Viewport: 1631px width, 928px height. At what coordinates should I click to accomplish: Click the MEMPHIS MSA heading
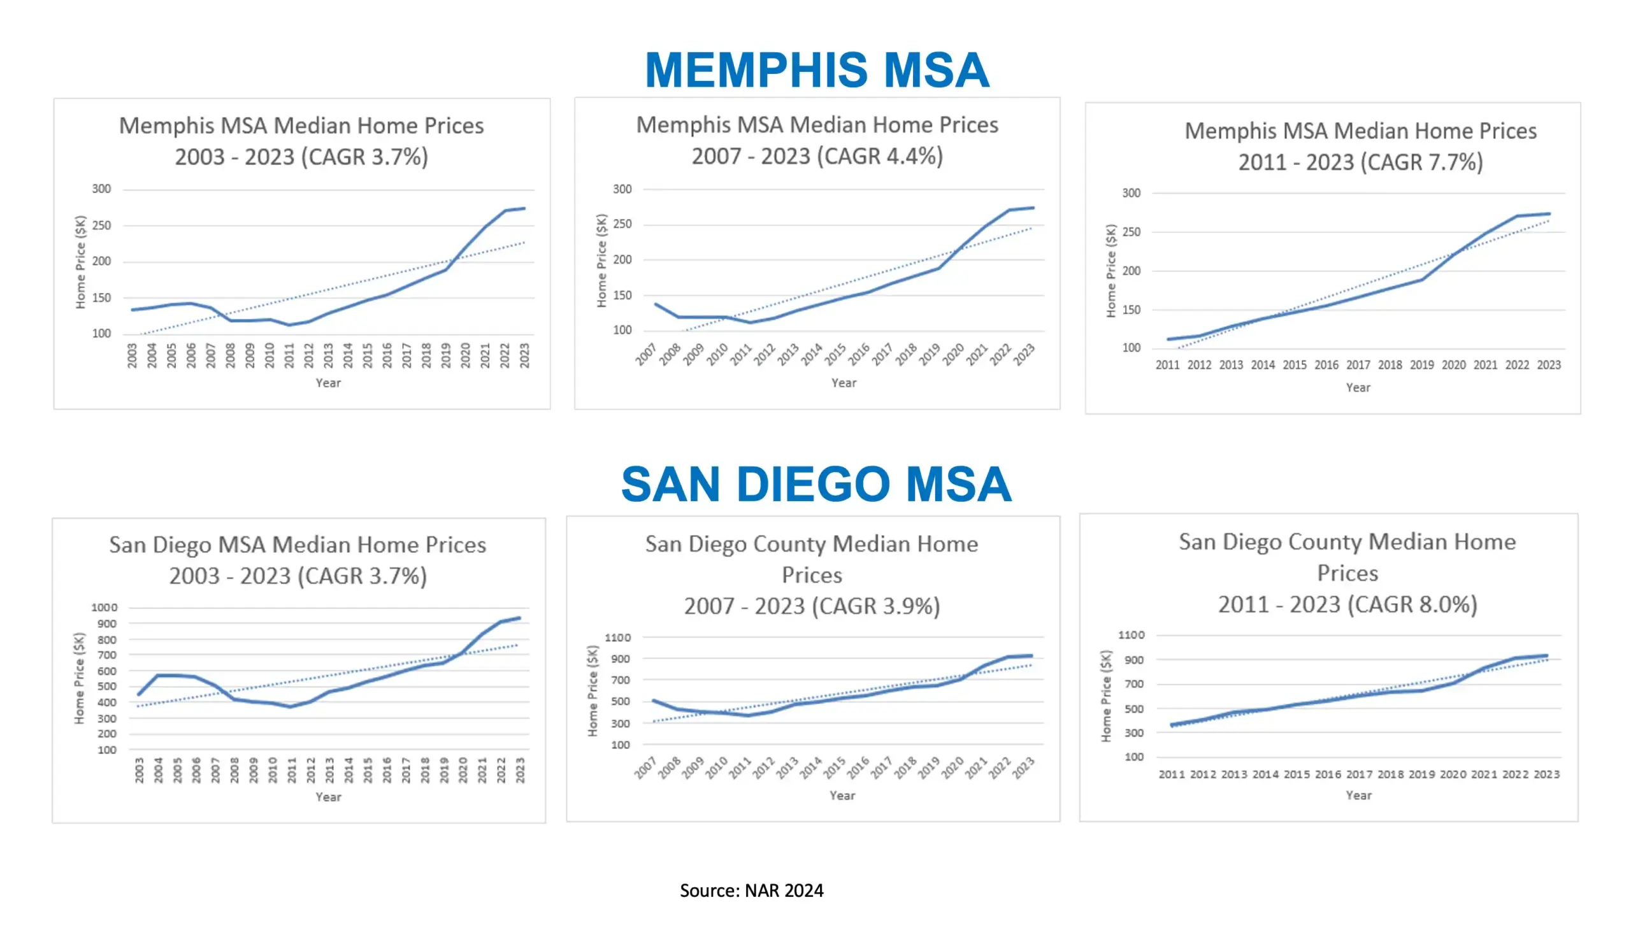[817, 70]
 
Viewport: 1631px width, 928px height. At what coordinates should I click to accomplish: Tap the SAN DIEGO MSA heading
[816, 485]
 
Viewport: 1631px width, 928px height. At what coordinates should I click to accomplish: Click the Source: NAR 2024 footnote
[751, 890]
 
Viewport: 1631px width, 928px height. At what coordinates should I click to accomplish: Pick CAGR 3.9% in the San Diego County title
[876, 606]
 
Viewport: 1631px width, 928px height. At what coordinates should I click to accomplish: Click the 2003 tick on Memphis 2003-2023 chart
[132, 355]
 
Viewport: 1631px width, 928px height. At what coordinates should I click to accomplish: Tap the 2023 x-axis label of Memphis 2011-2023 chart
[1548, 365]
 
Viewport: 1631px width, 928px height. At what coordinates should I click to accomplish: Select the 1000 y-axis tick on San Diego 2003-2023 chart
[104, 608]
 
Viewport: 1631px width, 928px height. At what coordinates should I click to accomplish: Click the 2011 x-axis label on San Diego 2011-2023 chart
[1172, 775]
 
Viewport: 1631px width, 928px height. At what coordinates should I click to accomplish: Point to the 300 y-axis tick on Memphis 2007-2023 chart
[622, 189]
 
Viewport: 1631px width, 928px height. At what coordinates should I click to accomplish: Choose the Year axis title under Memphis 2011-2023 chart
[1358, 387]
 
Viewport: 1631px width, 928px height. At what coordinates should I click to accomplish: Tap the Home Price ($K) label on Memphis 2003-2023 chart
[80, 262]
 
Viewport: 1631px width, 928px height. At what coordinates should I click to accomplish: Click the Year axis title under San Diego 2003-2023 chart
[328, 797]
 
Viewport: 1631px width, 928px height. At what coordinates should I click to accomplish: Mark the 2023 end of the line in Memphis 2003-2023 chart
[524, 208]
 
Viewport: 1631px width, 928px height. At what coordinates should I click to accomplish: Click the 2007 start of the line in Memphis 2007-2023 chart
[656, 304]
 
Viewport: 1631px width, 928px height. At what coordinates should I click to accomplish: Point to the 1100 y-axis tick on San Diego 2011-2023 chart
[1131, 635]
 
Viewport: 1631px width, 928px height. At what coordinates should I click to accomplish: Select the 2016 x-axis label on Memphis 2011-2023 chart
[1326, 365]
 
